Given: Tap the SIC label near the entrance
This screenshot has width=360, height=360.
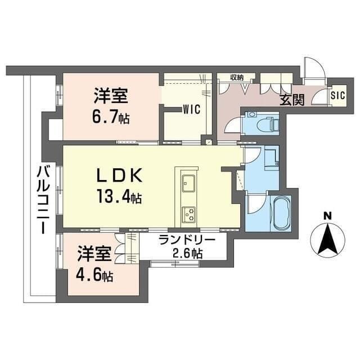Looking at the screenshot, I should point(337,96).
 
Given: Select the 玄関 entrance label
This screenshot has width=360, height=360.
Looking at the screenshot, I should point(291,100).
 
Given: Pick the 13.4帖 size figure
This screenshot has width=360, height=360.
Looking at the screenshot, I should point(119,198).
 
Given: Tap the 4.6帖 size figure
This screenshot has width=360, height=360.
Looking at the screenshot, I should point(94,276).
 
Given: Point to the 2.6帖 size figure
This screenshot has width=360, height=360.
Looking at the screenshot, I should point(187,253).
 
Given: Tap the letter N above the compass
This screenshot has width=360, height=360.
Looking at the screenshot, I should point(327,215).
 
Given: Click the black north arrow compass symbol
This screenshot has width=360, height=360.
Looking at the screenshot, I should point(327,239).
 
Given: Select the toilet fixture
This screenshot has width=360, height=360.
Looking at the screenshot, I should point(267,123).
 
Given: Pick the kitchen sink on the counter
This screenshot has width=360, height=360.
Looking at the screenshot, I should point(188,183).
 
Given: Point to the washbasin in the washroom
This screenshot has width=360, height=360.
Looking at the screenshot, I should point(271,157).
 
